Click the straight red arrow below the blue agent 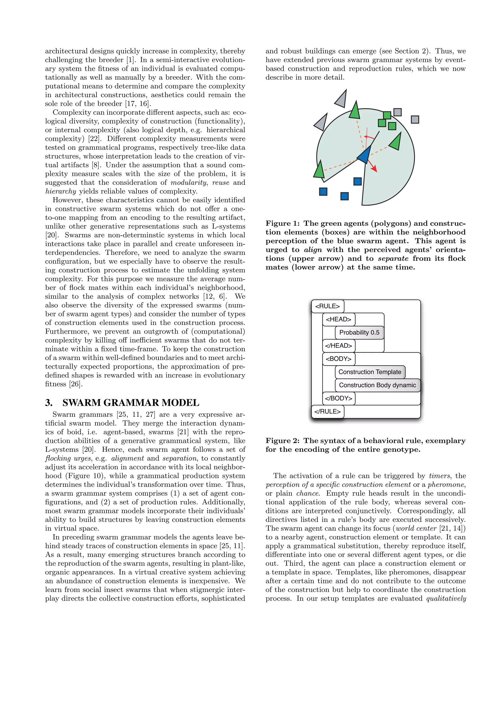[x=372, y=166]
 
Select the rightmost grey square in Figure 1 [x=415, y=120]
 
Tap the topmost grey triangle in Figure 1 [x=341, y=99]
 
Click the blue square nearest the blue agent [x=357, y=181]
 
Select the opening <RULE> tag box [x=327, y=306]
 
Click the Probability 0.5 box [x=359, y=333]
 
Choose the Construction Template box [x=370, y=372]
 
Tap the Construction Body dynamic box [x=377, y=385]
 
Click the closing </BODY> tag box [x=338, y=398]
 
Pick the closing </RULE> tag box [x=327, y=411]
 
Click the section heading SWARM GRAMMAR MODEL [x=131, y=403]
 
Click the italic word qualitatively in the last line [x=446, y=598]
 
